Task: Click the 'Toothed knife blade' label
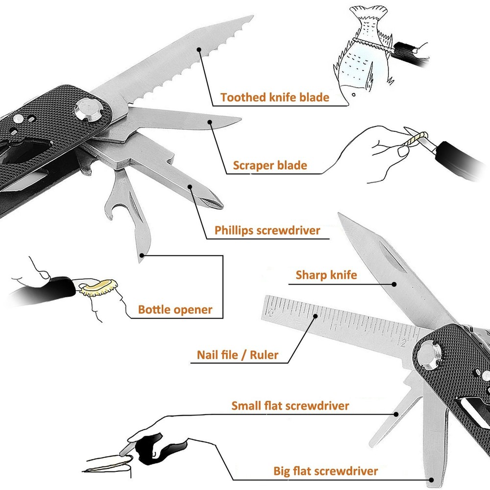[x=274, y=97]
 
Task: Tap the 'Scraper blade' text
[x=270, y=165]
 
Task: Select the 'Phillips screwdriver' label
[x=268, y=230]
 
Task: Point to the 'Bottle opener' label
[x=175, y=310]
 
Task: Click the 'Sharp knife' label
[x=326, y=275]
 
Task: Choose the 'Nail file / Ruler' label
[x=237, y=355]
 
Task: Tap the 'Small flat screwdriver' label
[x=290, y=406]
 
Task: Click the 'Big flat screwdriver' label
[x=326, y=471]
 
